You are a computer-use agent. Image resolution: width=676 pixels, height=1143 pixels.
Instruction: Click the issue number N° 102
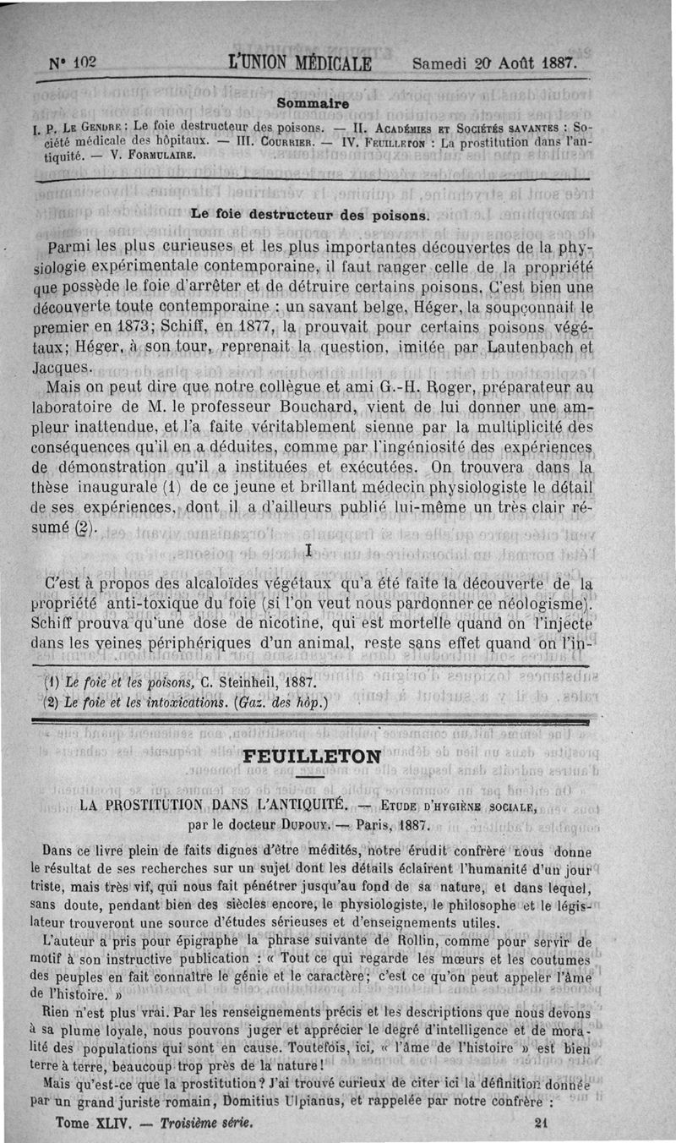click(x=74, y=64)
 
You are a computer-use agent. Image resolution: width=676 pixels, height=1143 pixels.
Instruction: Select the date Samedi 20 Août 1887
click(x=494, y=64)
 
